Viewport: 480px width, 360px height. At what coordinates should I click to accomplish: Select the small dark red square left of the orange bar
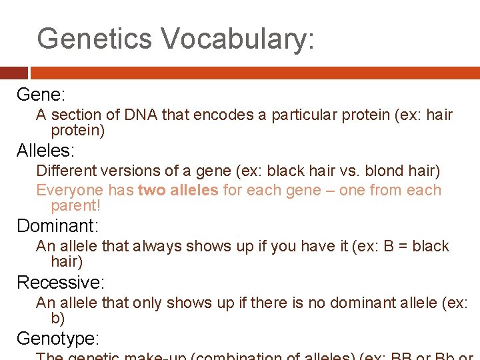pos(13,73)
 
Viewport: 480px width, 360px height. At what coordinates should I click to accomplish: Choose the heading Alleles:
pos(46,150)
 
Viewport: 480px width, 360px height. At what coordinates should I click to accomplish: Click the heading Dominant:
pos(57,225)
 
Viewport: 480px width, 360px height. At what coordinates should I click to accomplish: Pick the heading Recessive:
pos(61,282)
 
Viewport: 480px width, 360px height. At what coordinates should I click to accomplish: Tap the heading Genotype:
pos(58,338)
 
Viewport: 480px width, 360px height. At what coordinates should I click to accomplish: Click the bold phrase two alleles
pos(178,190)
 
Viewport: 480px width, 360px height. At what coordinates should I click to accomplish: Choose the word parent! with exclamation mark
pos(75,206)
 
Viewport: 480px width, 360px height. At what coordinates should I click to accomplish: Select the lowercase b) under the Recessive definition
pos(57,318)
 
